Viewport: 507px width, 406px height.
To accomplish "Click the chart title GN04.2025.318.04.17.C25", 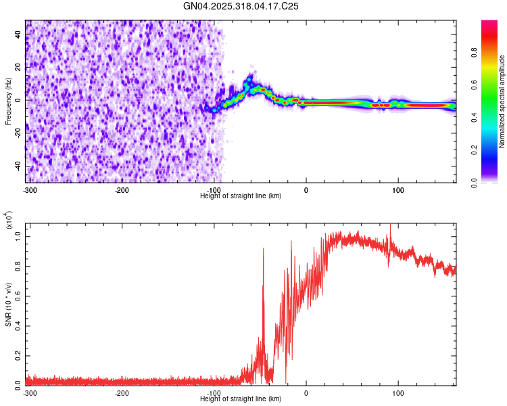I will tap(241, 6).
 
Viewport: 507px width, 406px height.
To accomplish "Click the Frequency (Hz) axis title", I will tap(9, 101).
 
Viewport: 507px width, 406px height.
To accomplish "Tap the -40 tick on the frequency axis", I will tap(19, 166).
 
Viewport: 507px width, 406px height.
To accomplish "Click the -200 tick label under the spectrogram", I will tap(122, 190).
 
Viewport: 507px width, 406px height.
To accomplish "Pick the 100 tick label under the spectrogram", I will tap(398, 190).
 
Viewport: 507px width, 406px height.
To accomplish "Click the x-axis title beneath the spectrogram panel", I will tap(241, 196).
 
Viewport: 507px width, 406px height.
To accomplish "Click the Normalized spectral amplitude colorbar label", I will tap(502, 101).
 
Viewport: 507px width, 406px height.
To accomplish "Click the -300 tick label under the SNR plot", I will tap(29, 393).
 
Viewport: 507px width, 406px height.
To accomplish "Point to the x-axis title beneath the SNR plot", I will tap(241, 399).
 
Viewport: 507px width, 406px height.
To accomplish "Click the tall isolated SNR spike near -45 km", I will tap(263, 250).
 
